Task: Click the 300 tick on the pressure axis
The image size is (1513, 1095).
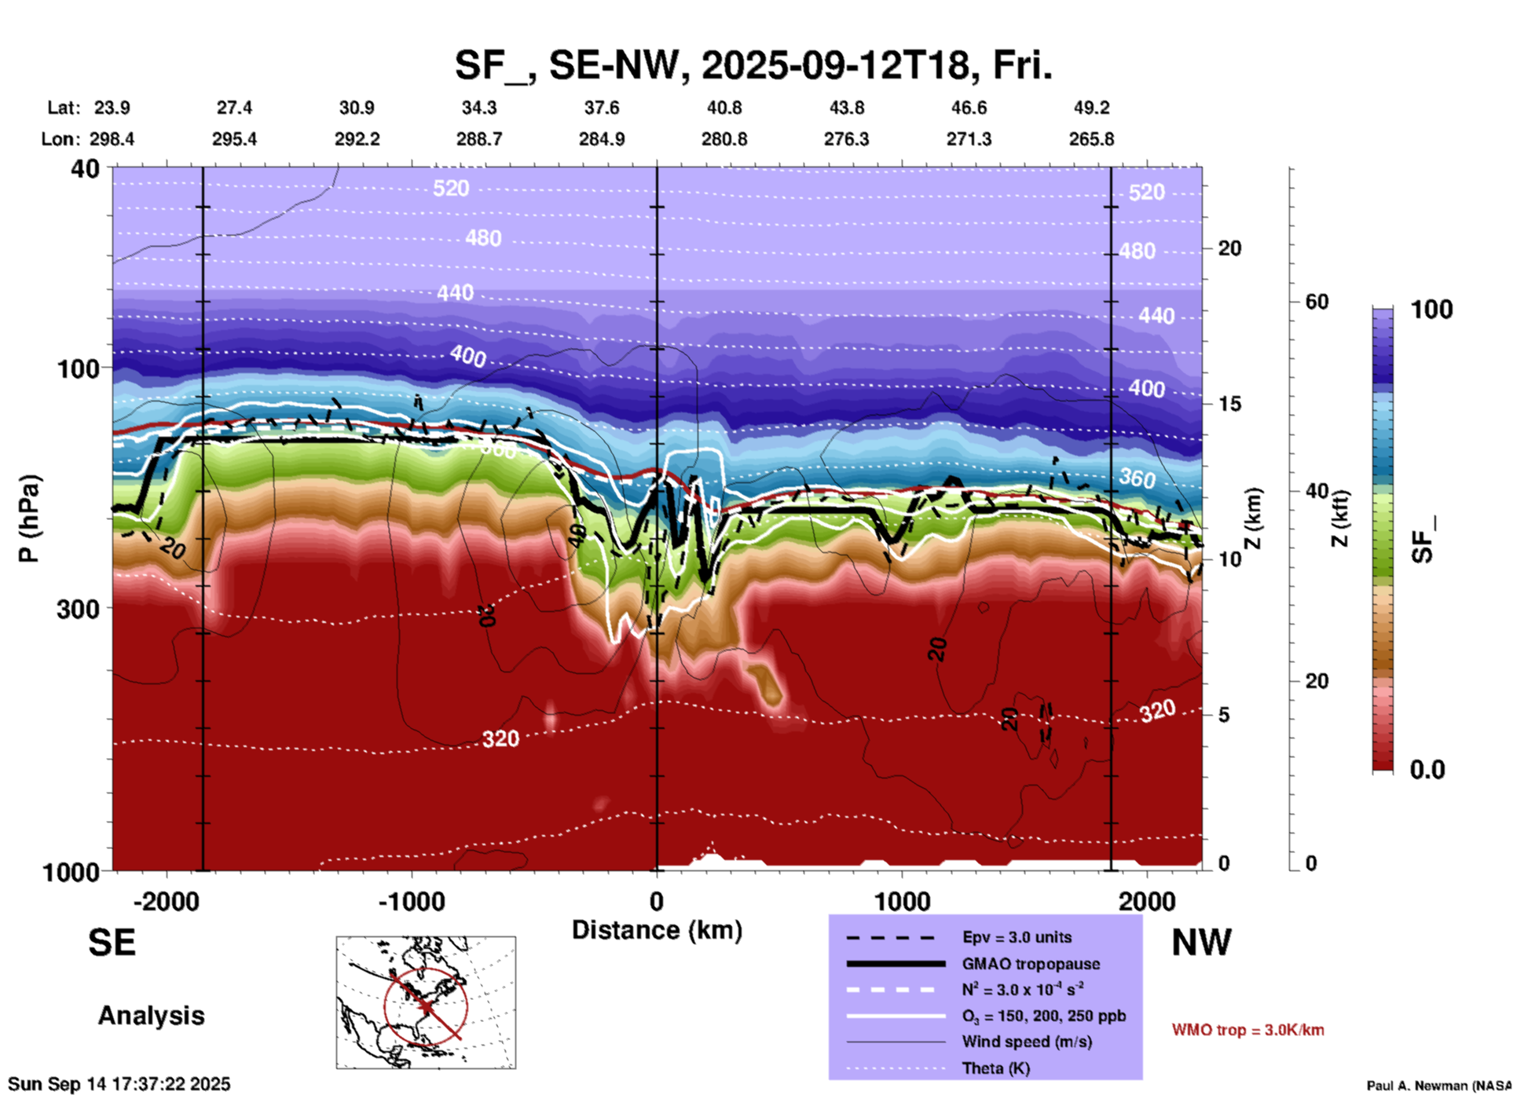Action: (x=79, y=608)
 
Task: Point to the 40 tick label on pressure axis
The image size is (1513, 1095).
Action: (x=86, y=168)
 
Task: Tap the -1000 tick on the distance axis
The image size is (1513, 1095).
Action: (x=412, y=901)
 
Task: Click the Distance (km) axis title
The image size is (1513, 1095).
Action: (x=657, y=930)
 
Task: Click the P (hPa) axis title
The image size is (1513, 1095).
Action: (x=29, y=518)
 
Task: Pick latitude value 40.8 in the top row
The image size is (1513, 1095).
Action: (x=724, y=108)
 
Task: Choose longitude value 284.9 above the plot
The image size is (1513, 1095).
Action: (x=602, y=139)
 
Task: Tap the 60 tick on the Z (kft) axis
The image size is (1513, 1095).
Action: (x=1317, y=302)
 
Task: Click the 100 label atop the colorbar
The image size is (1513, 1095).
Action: (x=1431, y=309)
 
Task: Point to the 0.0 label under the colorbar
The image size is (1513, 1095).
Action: (x=1427, y=769)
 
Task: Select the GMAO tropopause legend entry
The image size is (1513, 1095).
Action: (x=1031, y=964)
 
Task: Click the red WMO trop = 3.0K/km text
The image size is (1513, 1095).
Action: (x=1247, y=1030)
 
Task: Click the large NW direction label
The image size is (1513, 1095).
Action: (x=1201, y=943)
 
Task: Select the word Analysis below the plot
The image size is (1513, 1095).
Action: (x=151, y=1016)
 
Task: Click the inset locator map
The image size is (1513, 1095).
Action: (x=426, y=1002)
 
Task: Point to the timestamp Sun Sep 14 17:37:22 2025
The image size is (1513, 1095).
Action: (x=119, y=1084)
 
